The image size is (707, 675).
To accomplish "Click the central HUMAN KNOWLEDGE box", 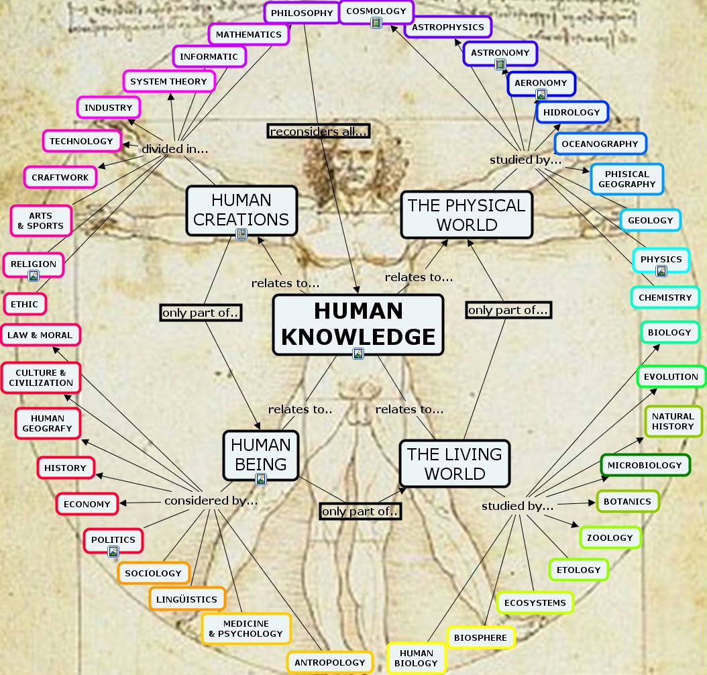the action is (x=358, y=325).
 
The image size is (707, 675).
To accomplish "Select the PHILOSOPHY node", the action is (x=302, y=13).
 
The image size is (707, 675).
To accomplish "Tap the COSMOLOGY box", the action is (x=376, y=11).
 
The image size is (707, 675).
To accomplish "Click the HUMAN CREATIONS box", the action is (x=241, y=211).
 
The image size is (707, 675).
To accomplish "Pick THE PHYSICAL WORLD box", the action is (x=467, y=215).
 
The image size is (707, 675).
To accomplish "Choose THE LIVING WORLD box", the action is (x=455, y=464).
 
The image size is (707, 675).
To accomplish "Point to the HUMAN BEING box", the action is (x=261, y=455).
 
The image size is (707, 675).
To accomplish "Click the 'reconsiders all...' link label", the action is (x=319, y=132).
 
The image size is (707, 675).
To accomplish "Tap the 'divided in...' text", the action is (x=175, y=149).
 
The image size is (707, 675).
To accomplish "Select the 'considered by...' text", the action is (x=211, y=501).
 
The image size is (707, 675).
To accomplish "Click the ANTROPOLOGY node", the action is (x=330, y=662).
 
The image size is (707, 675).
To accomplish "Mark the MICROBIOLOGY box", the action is (x=645, y=465).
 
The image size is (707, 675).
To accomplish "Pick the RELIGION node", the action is (x=34, y=264).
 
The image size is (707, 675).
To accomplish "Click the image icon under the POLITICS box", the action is (x=113, y=551).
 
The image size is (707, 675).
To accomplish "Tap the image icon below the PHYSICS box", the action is (x=661, y=270).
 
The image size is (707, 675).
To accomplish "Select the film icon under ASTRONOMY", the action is (x=500, y=64).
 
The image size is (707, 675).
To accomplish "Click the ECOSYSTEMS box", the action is (x=535, y=603).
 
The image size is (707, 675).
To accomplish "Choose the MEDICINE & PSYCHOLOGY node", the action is (x=246, y=629).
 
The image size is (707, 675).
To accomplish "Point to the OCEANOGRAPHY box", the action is (x=600, y=144).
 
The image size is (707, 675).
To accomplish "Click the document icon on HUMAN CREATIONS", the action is (x=241, y=234).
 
